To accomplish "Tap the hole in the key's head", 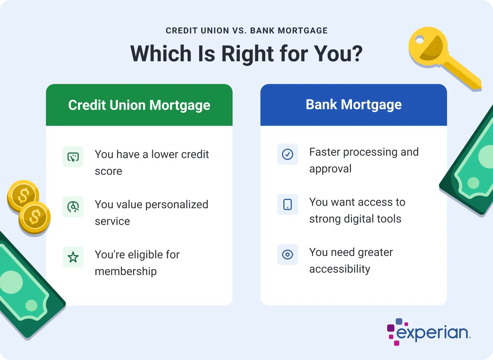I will tap(420, 41).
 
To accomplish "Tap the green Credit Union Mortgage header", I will tap(139, 105).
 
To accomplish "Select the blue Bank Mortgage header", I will tap(353, 105).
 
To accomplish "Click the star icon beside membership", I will tap(73, 257).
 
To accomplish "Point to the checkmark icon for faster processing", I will tap(288, 154).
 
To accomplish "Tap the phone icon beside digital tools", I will tap(288, 204).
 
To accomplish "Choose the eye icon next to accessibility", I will tap(288, 255).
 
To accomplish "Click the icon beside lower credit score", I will tap(73, 157).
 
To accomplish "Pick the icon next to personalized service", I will tap(73, 207).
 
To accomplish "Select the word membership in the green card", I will tap(126, 271).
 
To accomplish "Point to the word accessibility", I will tap(340, 269).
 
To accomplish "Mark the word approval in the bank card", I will tap(330, 169).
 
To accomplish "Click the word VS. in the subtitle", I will tap(239, 31).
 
